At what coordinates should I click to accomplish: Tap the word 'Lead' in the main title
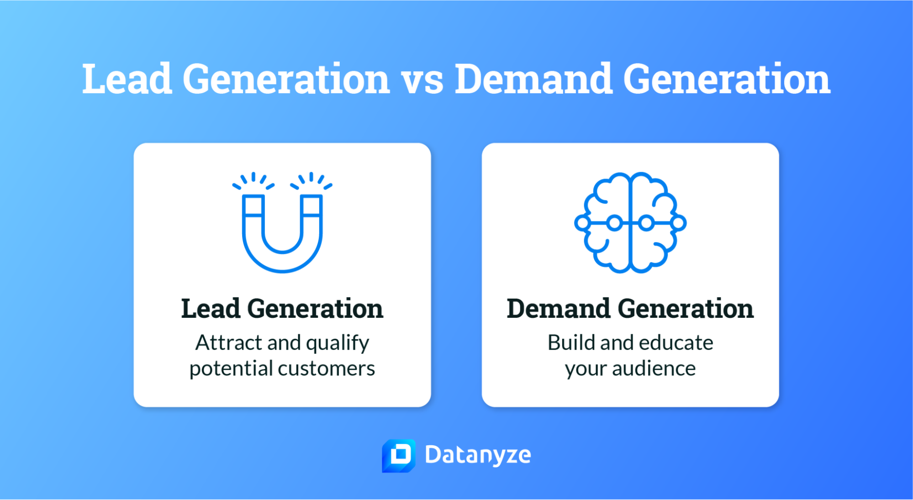(x=127, y=79)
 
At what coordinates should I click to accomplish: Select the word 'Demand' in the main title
(x=533, y=79)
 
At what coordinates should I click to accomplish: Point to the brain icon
(x=630, y=223)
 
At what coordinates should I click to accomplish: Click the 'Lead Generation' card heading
(x=282, y=309)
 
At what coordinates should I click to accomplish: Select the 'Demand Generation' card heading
(x=630, y=309)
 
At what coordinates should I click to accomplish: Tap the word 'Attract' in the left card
(x=229, y=342)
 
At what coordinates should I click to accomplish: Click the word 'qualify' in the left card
(x=338, y=343)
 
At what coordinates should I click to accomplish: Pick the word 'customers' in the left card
(x=327, y=368)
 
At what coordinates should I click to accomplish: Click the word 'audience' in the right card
(x=654, y=368)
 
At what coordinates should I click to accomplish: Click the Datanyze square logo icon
(x=399, y=455)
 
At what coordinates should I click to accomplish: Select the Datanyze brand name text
(x=478, y=455)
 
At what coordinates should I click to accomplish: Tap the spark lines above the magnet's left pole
(x=253, y=180)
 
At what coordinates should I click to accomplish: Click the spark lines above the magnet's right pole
(x=311, y=180)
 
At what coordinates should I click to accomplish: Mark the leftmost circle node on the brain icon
(x=582, y=223)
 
